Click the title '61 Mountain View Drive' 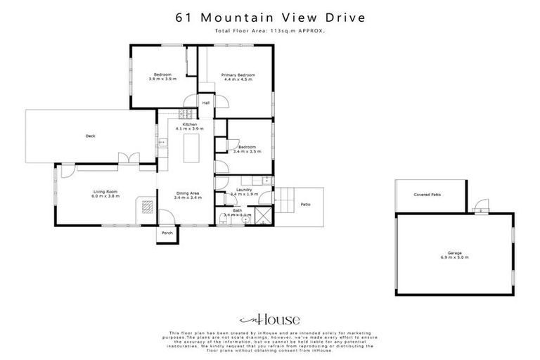click(x=269, y=18)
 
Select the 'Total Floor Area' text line click(x=269, y=32)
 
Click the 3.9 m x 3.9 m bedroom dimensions click(x=162, y=79)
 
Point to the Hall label click(x=206, y=103)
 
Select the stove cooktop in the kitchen click(x=186, y=113)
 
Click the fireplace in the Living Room click(x=147, y=207)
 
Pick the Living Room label click(x=104, y=191)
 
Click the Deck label click(x=90, y=136)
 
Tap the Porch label click(x=167, y=233)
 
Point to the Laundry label click(x=244, y=189)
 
